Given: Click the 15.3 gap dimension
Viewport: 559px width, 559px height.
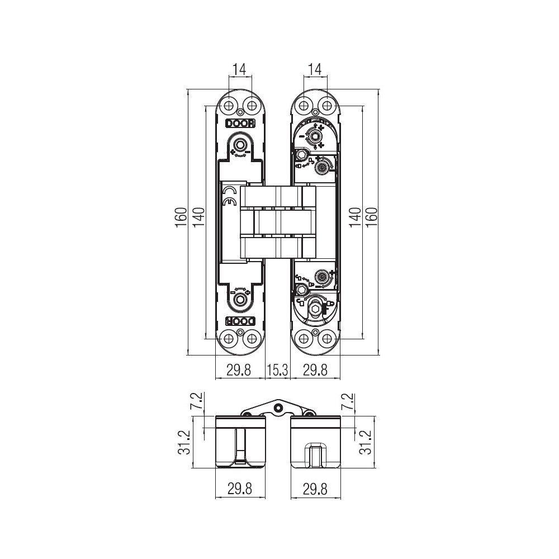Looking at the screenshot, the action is pos(278,370).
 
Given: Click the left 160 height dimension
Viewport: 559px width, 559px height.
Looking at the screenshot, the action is pos(181,218).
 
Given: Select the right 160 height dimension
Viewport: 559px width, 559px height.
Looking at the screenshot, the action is pos(372,218).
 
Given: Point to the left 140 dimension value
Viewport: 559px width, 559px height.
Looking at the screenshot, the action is pos(200,218).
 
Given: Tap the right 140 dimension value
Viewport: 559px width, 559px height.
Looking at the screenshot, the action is pos(355,218).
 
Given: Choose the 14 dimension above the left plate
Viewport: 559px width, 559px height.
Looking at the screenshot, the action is pos(240,69).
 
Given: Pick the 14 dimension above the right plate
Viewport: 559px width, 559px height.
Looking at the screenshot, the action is pos(314,69).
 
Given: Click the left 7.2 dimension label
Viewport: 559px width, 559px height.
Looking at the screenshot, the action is pos(198,401).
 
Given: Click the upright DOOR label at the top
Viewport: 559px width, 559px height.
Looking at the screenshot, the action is pos(240,124).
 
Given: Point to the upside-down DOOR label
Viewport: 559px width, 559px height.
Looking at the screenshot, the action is pos(240,321).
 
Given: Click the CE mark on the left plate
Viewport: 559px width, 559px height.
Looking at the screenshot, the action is pos(229,197).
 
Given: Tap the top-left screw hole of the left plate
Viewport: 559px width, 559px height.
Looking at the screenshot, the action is pos(229,106).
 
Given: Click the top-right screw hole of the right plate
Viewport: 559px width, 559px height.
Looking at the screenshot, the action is pos(325,106).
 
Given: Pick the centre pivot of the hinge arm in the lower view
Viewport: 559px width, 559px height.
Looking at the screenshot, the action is pos(277,407).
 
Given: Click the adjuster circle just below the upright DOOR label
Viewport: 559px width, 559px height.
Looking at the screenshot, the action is pos(240,145).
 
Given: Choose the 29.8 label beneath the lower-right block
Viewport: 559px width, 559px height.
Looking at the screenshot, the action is pos(315,489).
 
